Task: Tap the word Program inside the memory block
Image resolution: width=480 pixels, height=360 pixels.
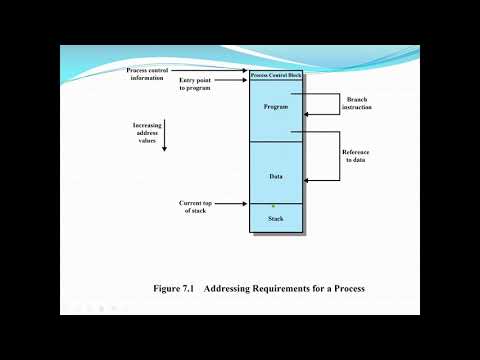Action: click(x=275, y=106)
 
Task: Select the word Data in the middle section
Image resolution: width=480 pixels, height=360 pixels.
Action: click(x=275, y=175)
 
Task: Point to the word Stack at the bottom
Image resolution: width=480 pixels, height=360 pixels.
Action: click(x=276, y=217)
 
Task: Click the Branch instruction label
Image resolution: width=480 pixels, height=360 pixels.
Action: click(x=357, y=103)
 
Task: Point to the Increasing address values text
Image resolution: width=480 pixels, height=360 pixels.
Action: click(x=148, y=133)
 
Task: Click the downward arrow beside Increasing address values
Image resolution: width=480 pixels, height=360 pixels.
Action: click(x=164, y=140)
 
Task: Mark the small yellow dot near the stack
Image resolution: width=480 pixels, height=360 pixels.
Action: click(x=273, y=206)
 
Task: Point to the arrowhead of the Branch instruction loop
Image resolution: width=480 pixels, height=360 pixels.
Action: click(x=306, y=114)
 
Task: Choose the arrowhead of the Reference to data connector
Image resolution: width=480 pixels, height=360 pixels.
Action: click(x=306, y=180)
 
